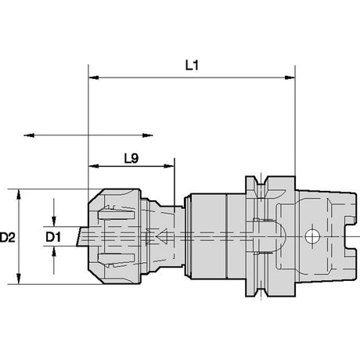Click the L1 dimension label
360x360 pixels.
tap(192, 65)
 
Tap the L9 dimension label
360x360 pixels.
tap(131, 158)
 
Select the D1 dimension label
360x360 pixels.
tap(53, 237)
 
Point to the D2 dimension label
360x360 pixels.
tap(8, 237)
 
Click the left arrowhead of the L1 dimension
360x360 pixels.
tap(94, 77)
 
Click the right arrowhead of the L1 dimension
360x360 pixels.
tap(290, 77)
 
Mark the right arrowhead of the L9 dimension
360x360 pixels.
tap(169, 166)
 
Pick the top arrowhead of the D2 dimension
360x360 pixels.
tap(19, 194)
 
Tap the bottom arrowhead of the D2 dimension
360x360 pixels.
tap(19, 279)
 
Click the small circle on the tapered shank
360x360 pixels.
tap(312, 236)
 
